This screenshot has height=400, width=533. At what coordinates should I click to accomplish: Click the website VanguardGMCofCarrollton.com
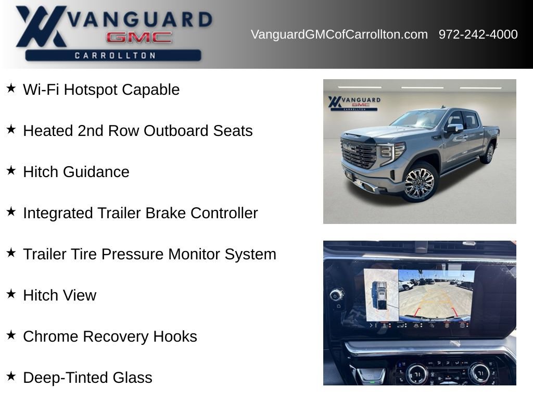tap(339, 34)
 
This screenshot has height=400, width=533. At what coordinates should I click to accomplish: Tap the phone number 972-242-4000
tap(478, 34)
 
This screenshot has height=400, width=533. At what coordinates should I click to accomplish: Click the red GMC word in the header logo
tap(138, 37)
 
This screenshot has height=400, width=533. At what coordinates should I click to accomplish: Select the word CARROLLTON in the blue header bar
tap(115, 55)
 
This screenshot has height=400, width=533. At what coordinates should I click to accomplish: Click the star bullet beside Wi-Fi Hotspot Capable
tap(11, 88)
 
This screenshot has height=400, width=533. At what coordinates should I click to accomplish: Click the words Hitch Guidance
tap(76, 172)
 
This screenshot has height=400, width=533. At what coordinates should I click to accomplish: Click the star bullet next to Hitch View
tap(11, 294)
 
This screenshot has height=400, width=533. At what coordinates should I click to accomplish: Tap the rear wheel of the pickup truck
tap(489, 153)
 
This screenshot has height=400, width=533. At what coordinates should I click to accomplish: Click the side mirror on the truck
tap(454, 128)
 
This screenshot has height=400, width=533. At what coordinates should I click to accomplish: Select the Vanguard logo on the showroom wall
tap(354, 103)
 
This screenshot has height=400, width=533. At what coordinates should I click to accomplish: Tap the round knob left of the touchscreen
tap(336, 295)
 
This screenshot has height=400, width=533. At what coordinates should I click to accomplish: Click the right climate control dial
tap(478, 373)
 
